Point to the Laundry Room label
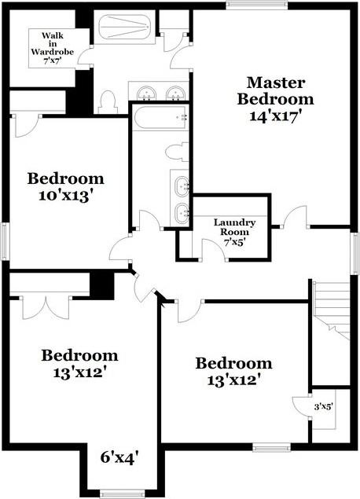pos(231,227)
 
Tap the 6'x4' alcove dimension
pos(120,457)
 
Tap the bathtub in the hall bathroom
pos(159,118)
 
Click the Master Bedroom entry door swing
pos(294,218)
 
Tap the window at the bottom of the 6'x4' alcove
pos(120,493)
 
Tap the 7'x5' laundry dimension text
pos(232,243)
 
